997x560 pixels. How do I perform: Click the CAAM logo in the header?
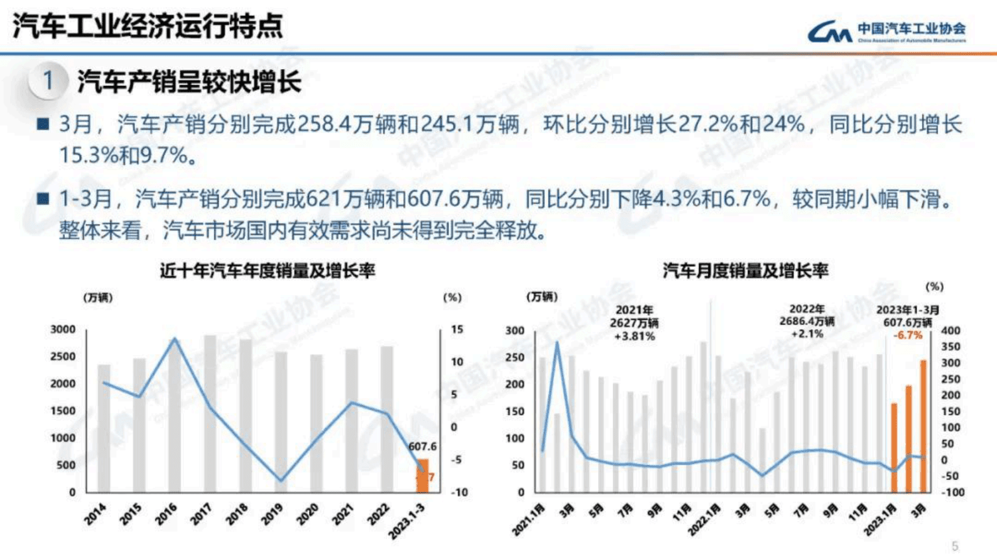pyautogui.click(x=886, y=31)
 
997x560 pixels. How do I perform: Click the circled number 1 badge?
pyautogui.click(x=48, y=81)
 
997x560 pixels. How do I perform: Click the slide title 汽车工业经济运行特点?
pyautogui.click(x=148, y=26)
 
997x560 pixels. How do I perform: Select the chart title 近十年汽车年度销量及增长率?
pyautogui.click(x=267, y=271)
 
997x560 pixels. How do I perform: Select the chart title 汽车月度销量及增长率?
pyautogui.click(x=745, y=271)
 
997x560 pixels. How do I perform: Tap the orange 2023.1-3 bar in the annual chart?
pyautogui.click(x=423, y=475)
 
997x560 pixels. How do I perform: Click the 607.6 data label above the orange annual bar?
pyautogui.click(x=422, y=446)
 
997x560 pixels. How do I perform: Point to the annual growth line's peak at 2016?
pyautogui.click(x=175, y=340)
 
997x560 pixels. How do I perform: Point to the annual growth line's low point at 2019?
pyautogui.click(x=281, y=481)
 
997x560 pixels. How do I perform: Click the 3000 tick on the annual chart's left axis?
pyautogui.click(x=63, y=330)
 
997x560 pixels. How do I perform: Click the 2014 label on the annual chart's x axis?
pyautogui.click(x=95, y=514)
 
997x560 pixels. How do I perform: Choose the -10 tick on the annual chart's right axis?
pyautogui.click(x=459, y=493)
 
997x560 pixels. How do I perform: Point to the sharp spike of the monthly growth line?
pyautogui.click(x=557, y=343)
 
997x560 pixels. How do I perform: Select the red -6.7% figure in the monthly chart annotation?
pyautogui.click(x=908, y=335)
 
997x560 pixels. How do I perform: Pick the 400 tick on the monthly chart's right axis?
pyautogui.click(x=951, y=331)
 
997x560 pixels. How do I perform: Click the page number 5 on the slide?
pyautogui.click(x=955, y=546)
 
